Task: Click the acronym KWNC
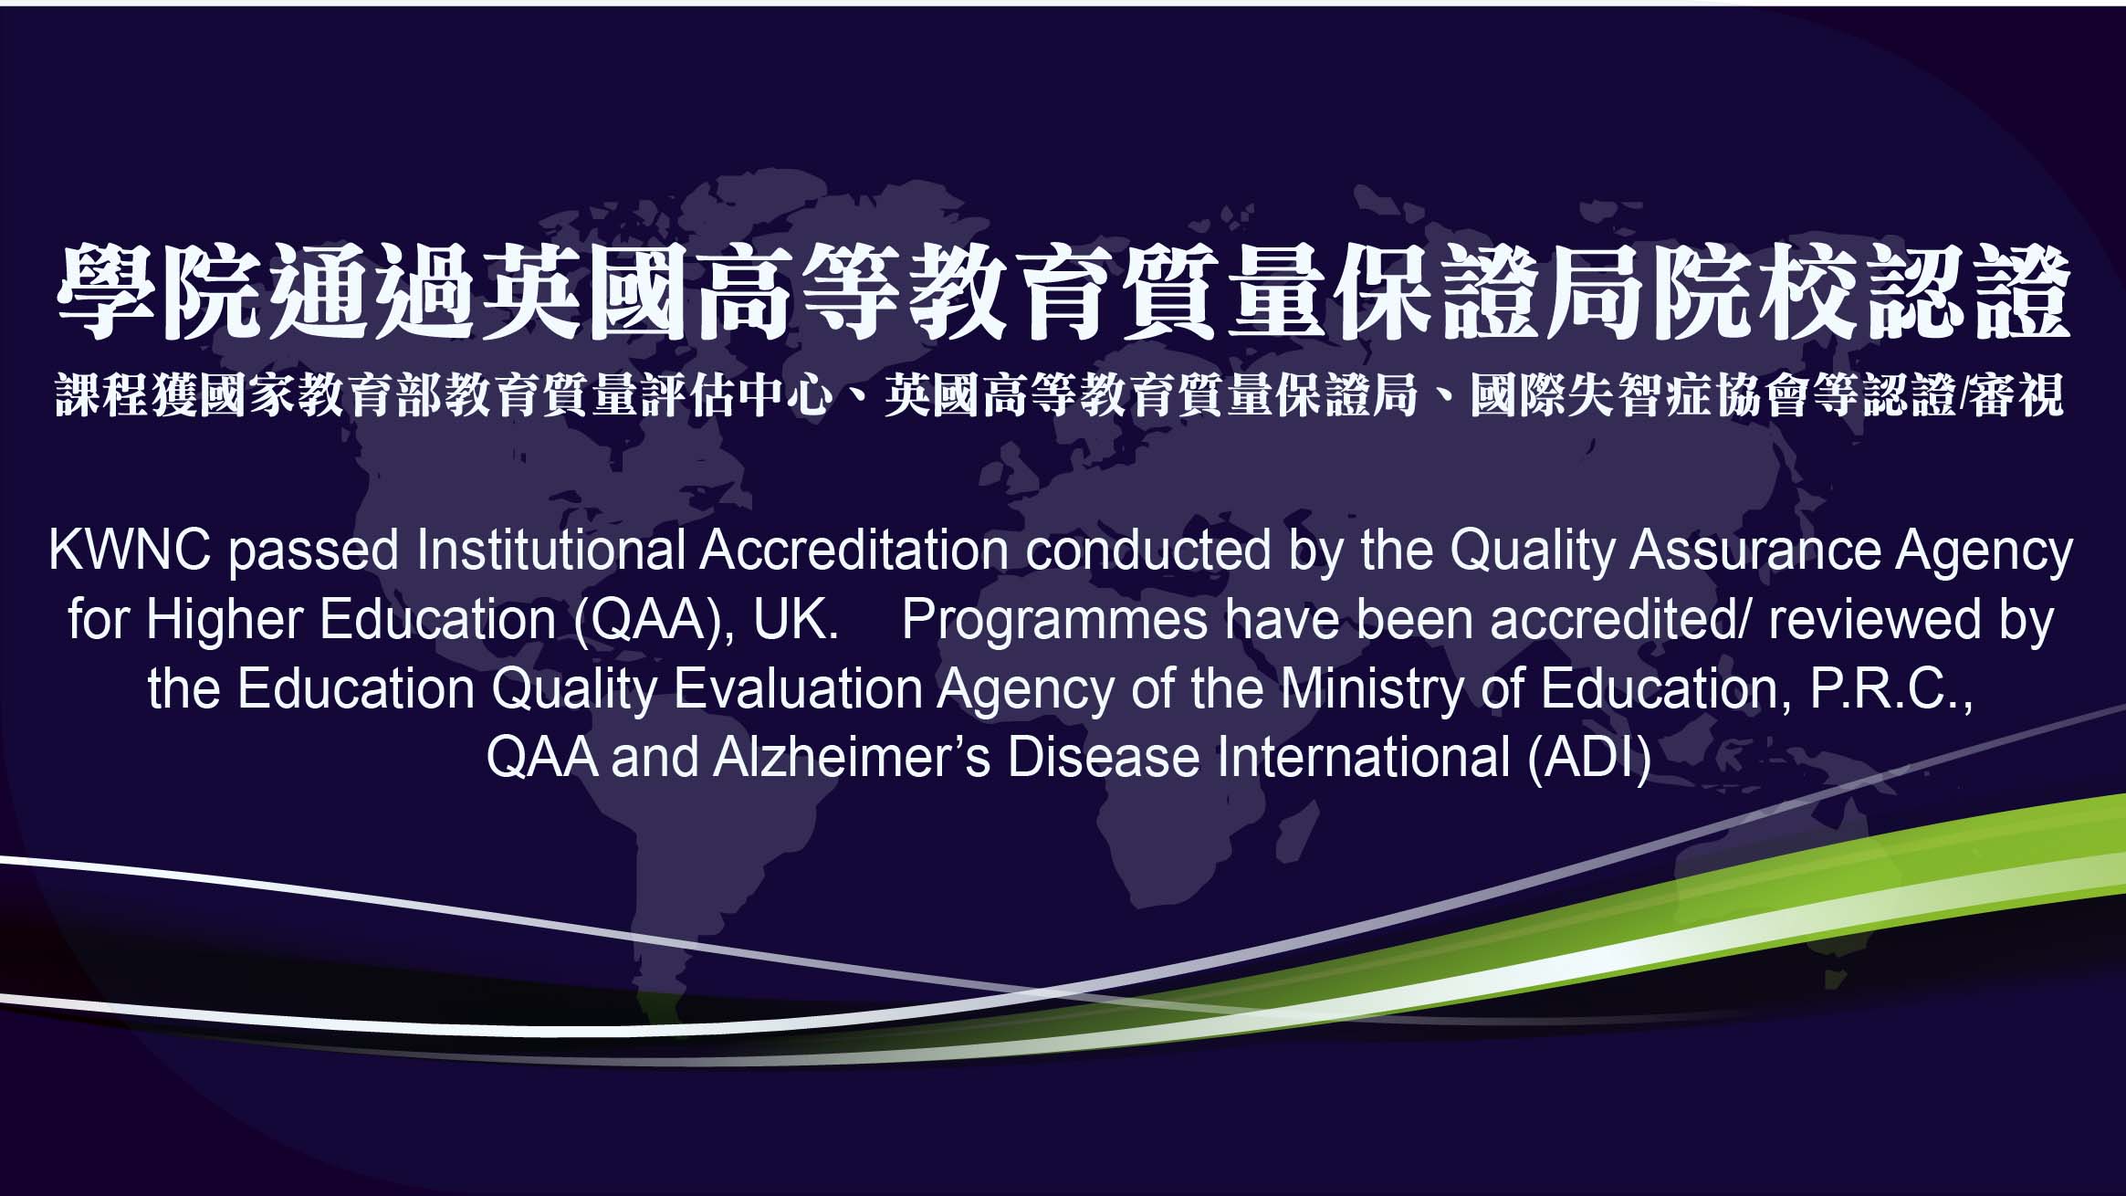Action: [130, 551]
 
